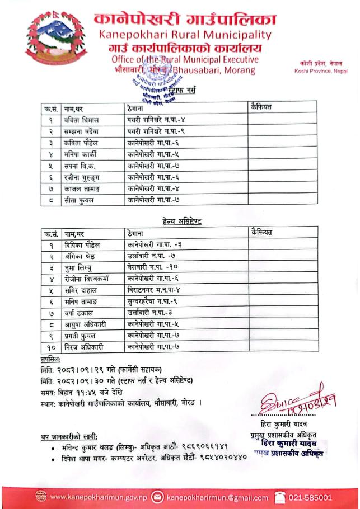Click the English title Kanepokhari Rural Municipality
[x=184, y=35]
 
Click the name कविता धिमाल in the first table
[x=83, y=120]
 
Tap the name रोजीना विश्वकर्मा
[x=87, y=279]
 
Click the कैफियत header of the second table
[x=260, y=232]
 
